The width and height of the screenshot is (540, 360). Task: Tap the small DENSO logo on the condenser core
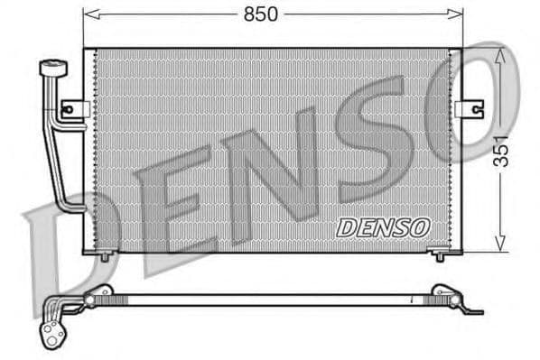[383, 227]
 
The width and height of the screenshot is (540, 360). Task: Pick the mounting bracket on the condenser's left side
[74, 109]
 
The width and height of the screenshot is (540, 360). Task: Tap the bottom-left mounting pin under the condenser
[105, 256]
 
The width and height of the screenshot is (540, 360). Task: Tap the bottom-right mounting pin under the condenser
[440, 256]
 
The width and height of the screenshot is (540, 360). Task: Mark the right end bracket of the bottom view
[452, 300]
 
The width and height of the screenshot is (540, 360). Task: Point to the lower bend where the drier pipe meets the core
[72, 208]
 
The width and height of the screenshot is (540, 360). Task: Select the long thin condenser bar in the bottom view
[271, 299]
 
